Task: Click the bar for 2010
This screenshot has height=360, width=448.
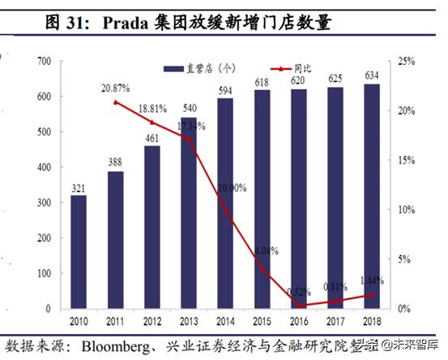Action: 79,251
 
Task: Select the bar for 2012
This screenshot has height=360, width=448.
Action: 152,227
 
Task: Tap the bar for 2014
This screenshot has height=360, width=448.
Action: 225,204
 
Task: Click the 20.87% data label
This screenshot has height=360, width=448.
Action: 116,88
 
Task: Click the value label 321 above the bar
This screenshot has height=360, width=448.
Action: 79,187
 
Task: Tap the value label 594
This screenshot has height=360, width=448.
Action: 225,91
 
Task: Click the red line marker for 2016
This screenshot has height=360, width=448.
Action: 298,306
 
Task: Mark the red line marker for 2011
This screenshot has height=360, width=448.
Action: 116,102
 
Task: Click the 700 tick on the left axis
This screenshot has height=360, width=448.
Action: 44,61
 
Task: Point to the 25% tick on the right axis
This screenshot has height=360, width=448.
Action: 406,61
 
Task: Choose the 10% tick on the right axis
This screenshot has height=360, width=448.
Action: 406,209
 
